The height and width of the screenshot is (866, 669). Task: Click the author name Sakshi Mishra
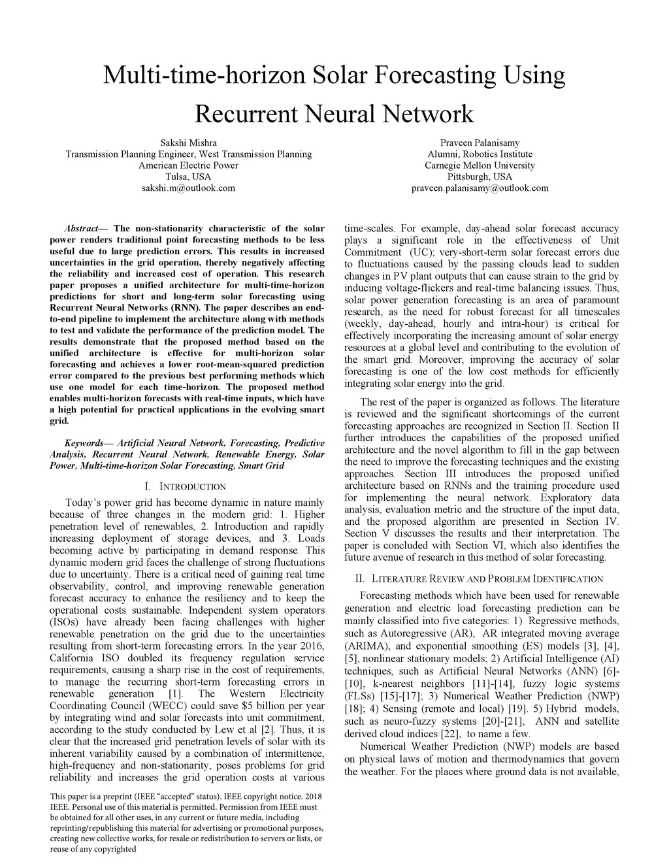(x=188, y=142)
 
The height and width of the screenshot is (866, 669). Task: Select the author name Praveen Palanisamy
(x=480, y=142)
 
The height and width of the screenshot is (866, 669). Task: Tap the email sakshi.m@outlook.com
(x=188, y=188)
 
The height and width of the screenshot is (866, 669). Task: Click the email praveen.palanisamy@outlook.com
(x=480, y=188)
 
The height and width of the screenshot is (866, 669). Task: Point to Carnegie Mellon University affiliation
(x=480, y=165)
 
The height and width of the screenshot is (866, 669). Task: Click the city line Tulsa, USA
(x=188, y=176)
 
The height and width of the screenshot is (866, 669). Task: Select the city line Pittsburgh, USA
(x=480, y=176)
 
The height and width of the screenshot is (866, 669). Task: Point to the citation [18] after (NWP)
(x=353, y=709)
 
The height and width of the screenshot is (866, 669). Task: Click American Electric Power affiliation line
(x=188, y=165)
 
